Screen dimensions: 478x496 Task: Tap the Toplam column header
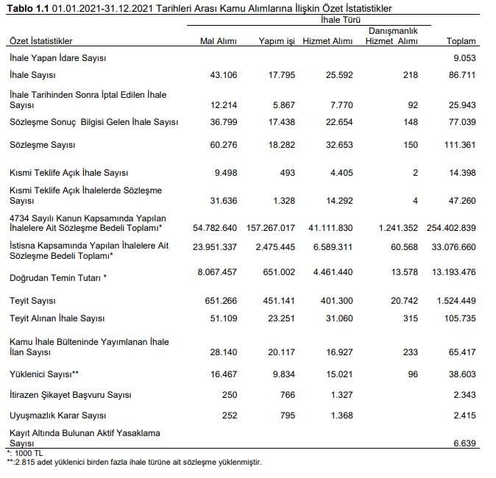point(461,41)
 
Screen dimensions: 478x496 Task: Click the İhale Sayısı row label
point(33,75)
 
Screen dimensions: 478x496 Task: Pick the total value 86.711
point(461,75)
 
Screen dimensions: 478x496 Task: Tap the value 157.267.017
point(266,228)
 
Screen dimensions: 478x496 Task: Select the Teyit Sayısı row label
point(33,302)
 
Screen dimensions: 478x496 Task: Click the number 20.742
point(404,302)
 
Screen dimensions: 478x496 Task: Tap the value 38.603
point(461,374)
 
